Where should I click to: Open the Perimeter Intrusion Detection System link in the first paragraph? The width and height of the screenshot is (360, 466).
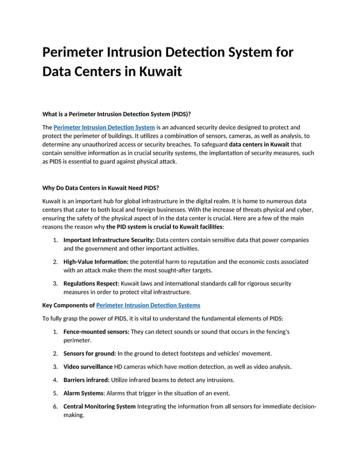(x=104, y=128)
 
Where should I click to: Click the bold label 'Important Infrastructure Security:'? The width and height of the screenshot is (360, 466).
(x=108, y=240)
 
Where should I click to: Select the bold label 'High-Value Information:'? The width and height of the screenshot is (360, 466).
(x=96, y=262)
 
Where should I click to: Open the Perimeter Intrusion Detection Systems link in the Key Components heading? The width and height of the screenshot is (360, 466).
(x=148, y=305)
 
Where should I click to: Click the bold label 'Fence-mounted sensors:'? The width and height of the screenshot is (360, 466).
(x=96, y=332)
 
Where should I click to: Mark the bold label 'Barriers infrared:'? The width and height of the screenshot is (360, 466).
(x=86, y=380)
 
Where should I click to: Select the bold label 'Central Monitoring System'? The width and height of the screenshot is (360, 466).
(x=99, y=406)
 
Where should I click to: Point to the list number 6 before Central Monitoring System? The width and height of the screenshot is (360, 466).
(x=55, y=406)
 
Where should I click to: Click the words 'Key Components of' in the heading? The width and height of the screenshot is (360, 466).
(x=69, y=305)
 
